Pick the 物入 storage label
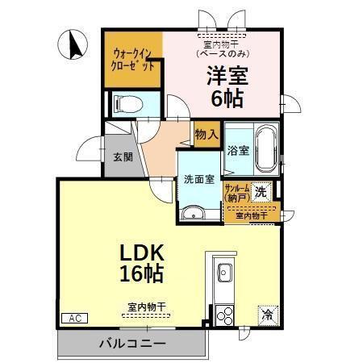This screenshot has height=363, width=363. tap(207, 135)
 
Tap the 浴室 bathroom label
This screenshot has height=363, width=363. tap(237, 150)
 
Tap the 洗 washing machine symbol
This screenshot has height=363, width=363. tap(261, 191)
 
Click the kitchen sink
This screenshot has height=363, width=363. tap(223, 272)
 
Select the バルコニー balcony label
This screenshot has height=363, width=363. tap(132, 344)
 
